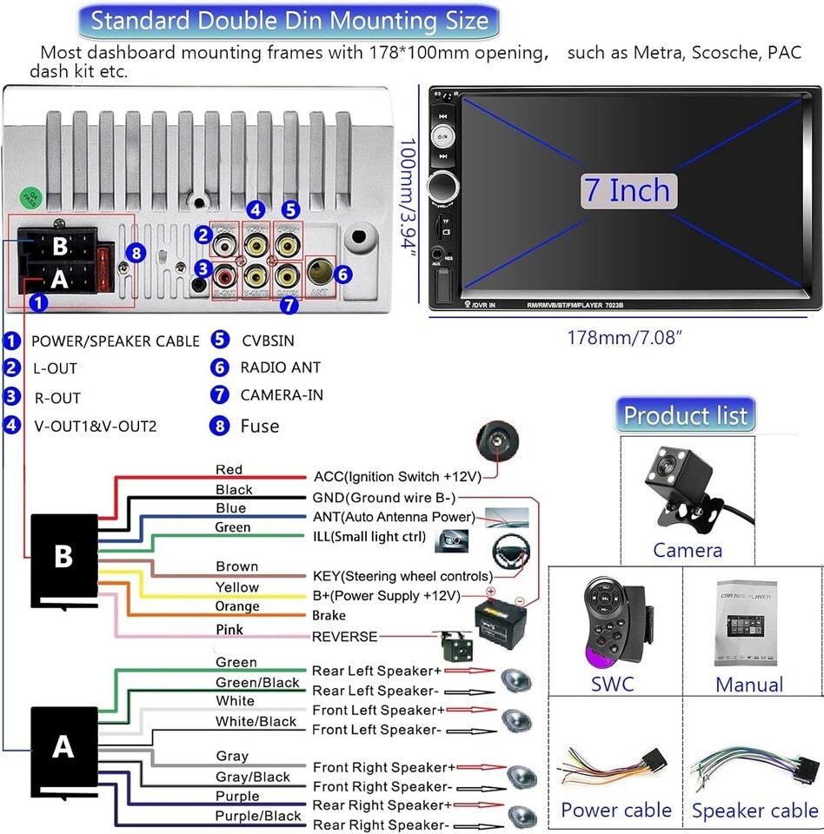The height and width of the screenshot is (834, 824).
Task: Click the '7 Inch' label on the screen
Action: click(628, 190)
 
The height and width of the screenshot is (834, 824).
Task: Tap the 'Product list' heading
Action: click(685, 415)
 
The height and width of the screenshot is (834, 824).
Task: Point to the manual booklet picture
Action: click(749, 623)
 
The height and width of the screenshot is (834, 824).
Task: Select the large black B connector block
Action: click(63, 558)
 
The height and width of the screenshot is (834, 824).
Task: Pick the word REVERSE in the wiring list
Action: click(344, 637)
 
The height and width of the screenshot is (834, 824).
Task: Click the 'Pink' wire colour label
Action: click(229, 629)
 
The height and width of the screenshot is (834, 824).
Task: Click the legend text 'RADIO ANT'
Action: click(280, 367)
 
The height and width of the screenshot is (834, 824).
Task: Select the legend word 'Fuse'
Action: click(260, 426)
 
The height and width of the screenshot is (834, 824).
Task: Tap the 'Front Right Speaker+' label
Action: click(383, 767)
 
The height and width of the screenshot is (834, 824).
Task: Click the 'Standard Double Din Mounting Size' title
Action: click(289, 20)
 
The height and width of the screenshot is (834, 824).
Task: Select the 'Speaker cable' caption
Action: click(754, 811)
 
